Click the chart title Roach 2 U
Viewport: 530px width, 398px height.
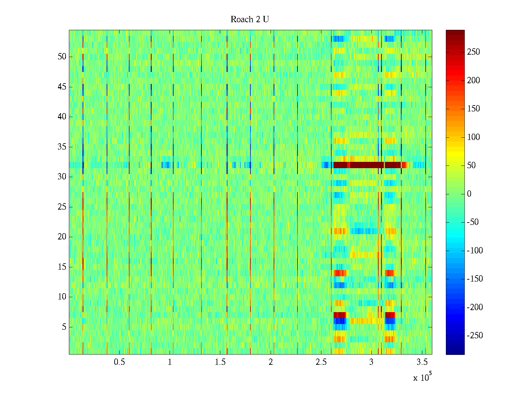[250, 20]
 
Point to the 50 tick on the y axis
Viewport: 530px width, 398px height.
[62, 57]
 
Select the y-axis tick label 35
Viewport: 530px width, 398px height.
[62, 147]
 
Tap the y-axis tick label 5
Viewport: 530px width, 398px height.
[64, 327]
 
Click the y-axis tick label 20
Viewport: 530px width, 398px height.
[62, 237]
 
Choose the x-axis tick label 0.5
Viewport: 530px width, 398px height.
[119, 362]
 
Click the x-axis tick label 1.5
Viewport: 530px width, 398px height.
[220, 362]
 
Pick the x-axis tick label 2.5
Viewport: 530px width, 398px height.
[321, 362]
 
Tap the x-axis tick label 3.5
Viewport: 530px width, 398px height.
[422, 362]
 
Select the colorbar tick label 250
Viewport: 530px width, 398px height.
[473, 52]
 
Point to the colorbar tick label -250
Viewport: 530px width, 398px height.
[475, 336]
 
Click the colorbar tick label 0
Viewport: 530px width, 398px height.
[469, 194]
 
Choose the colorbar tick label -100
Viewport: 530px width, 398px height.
[475, 251]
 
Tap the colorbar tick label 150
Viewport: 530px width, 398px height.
[473, 109]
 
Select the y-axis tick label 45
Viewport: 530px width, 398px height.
[62, 87]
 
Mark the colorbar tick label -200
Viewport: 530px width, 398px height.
[475, 307]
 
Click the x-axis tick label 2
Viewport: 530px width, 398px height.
[271, 362]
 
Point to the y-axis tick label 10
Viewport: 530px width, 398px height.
[62, 297]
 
